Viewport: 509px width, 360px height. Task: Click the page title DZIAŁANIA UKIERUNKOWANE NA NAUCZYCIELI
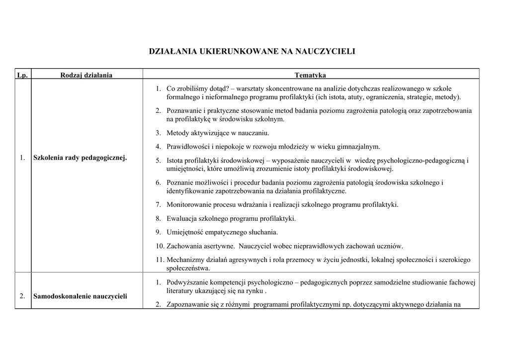253,51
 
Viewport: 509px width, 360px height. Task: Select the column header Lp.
22,75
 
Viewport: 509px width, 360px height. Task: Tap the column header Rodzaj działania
86,75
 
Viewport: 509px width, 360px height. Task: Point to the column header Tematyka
310,75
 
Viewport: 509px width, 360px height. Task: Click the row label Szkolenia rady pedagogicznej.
80,158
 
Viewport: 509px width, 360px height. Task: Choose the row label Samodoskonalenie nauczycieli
80,296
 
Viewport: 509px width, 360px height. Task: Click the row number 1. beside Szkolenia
22,158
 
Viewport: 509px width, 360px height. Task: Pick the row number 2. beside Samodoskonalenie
22,296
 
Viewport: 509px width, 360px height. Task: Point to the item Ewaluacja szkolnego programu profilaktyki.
231,218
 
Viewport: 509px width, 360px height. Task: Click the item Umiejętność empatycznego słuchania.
222,232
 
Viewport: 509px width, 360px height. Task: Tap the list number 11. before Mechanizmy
160,260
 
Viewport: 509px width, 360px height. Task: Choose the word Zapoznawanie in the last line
187,305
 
